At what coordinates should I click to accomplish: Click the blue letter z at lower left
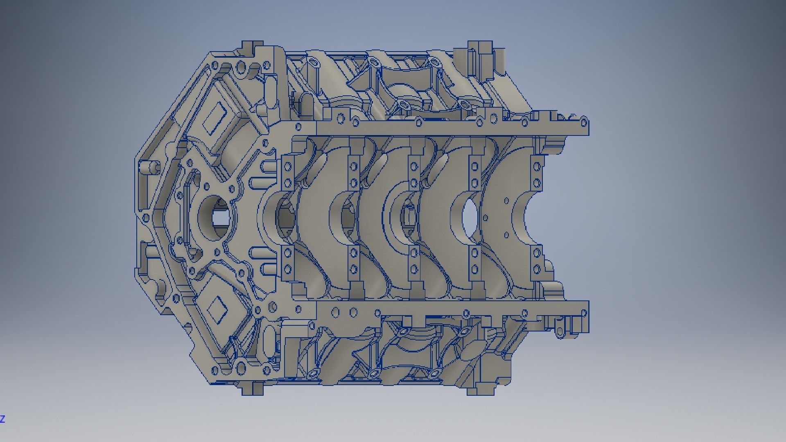pyautogui.click(x=2, y=419)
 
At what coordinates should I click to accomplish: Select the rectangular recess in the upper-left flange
pyautogui.click(x=217, y=119)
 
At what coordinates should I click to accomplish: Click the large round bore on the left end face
pyautogui.click(x=217, y=217)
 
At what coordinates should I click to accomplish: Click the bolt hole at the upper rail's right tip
pyautogui.click(x=584, y=121)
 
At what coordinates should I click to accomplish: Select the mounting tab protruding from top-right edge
pyautogui.click(x=479, y=45)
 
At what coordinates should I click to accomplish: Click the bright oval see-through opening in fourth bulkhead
pyautogui.click(x=469, y=217)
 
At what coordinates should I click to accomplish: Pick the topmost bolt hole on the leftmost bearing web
pyautogui.click(x=288, y=167)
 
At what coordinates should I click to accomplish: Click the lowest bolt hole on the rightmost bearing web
pyautogui.click(x=537, y=269)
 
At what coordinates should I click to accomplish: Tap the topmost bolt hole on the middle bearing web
pyautogui.click(x=414, y=167)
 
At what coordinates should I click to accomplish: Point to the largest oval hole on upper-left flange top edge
pyautogui.click(x=242, y=67)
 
